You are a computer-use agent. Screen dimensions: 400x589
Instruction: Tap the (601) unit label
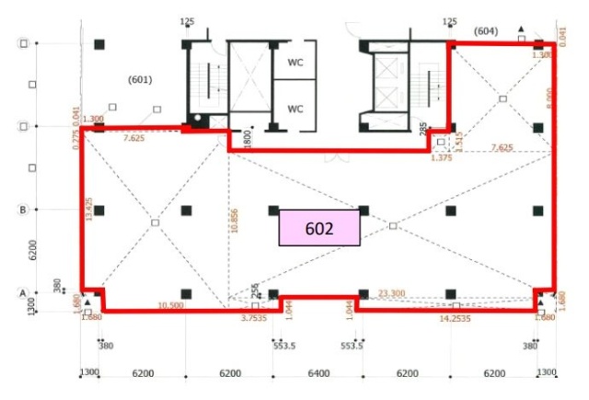click(140, 79)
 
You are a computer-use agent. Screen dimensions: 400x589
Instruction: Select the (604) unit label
click(486, 32)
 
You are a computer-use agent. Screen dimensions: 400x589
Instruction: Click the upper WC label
click(295, 63)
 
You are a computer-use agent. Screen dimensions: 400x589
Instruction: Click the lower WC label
click(295, 109)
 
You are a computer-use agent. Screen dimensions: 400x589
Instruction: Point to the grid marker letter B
click(23, 210)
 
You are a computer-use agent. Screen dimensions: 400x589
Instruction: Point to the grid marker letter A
click(23, 293)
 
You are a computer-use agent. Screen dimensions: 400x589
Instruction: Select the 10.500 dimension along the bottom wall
click(170, 305)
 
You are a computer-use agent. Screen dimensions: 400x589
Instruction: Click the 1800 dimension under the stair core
click(247, 138)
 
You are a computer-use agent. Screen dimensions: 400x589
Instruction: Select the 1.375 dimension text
click(443, 158)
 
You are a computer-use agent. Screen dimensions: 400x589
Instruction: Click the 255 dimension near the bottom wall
click(254, 289)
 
